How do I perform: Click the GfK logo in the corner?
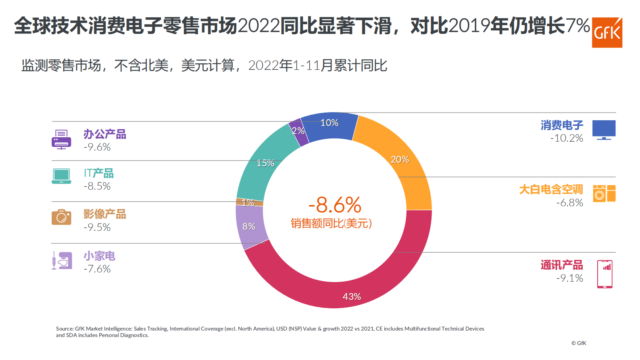(x=607, y=33)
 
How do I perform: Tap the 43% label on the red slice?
(x=352, y=297)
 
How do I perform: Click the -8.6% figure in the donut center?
(x=335, y=205)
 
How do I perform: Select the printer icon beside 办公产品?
(x=61, y=140)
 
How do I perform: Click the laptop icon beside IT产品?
(x=61, y=176)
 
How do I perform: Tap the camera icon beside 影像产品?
(x=61, y=217)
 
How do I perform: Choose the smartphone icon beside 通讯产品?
(x=605, y=274)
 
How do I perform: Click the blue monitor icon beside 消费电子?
(x=604, y=130)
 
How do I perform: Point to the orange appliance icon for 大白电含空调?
(x=604, y=193)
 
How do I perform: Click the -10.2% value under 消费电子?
(x=567, y=138)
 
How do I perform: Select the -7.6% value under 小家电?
(x=97, y=269)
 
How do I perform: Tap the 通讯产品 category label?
(x=561, y=265)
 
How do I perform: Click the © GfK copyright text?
(x=579, y=343)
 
